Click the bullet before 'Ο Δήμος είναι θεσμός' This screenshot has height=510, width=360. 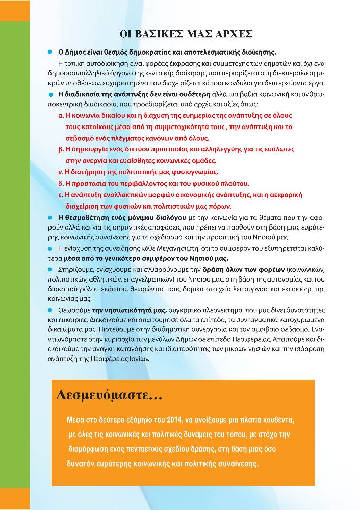[x=50, y=52]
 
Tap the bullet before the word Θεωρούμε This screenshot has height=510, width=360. [x=50, y=310]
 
